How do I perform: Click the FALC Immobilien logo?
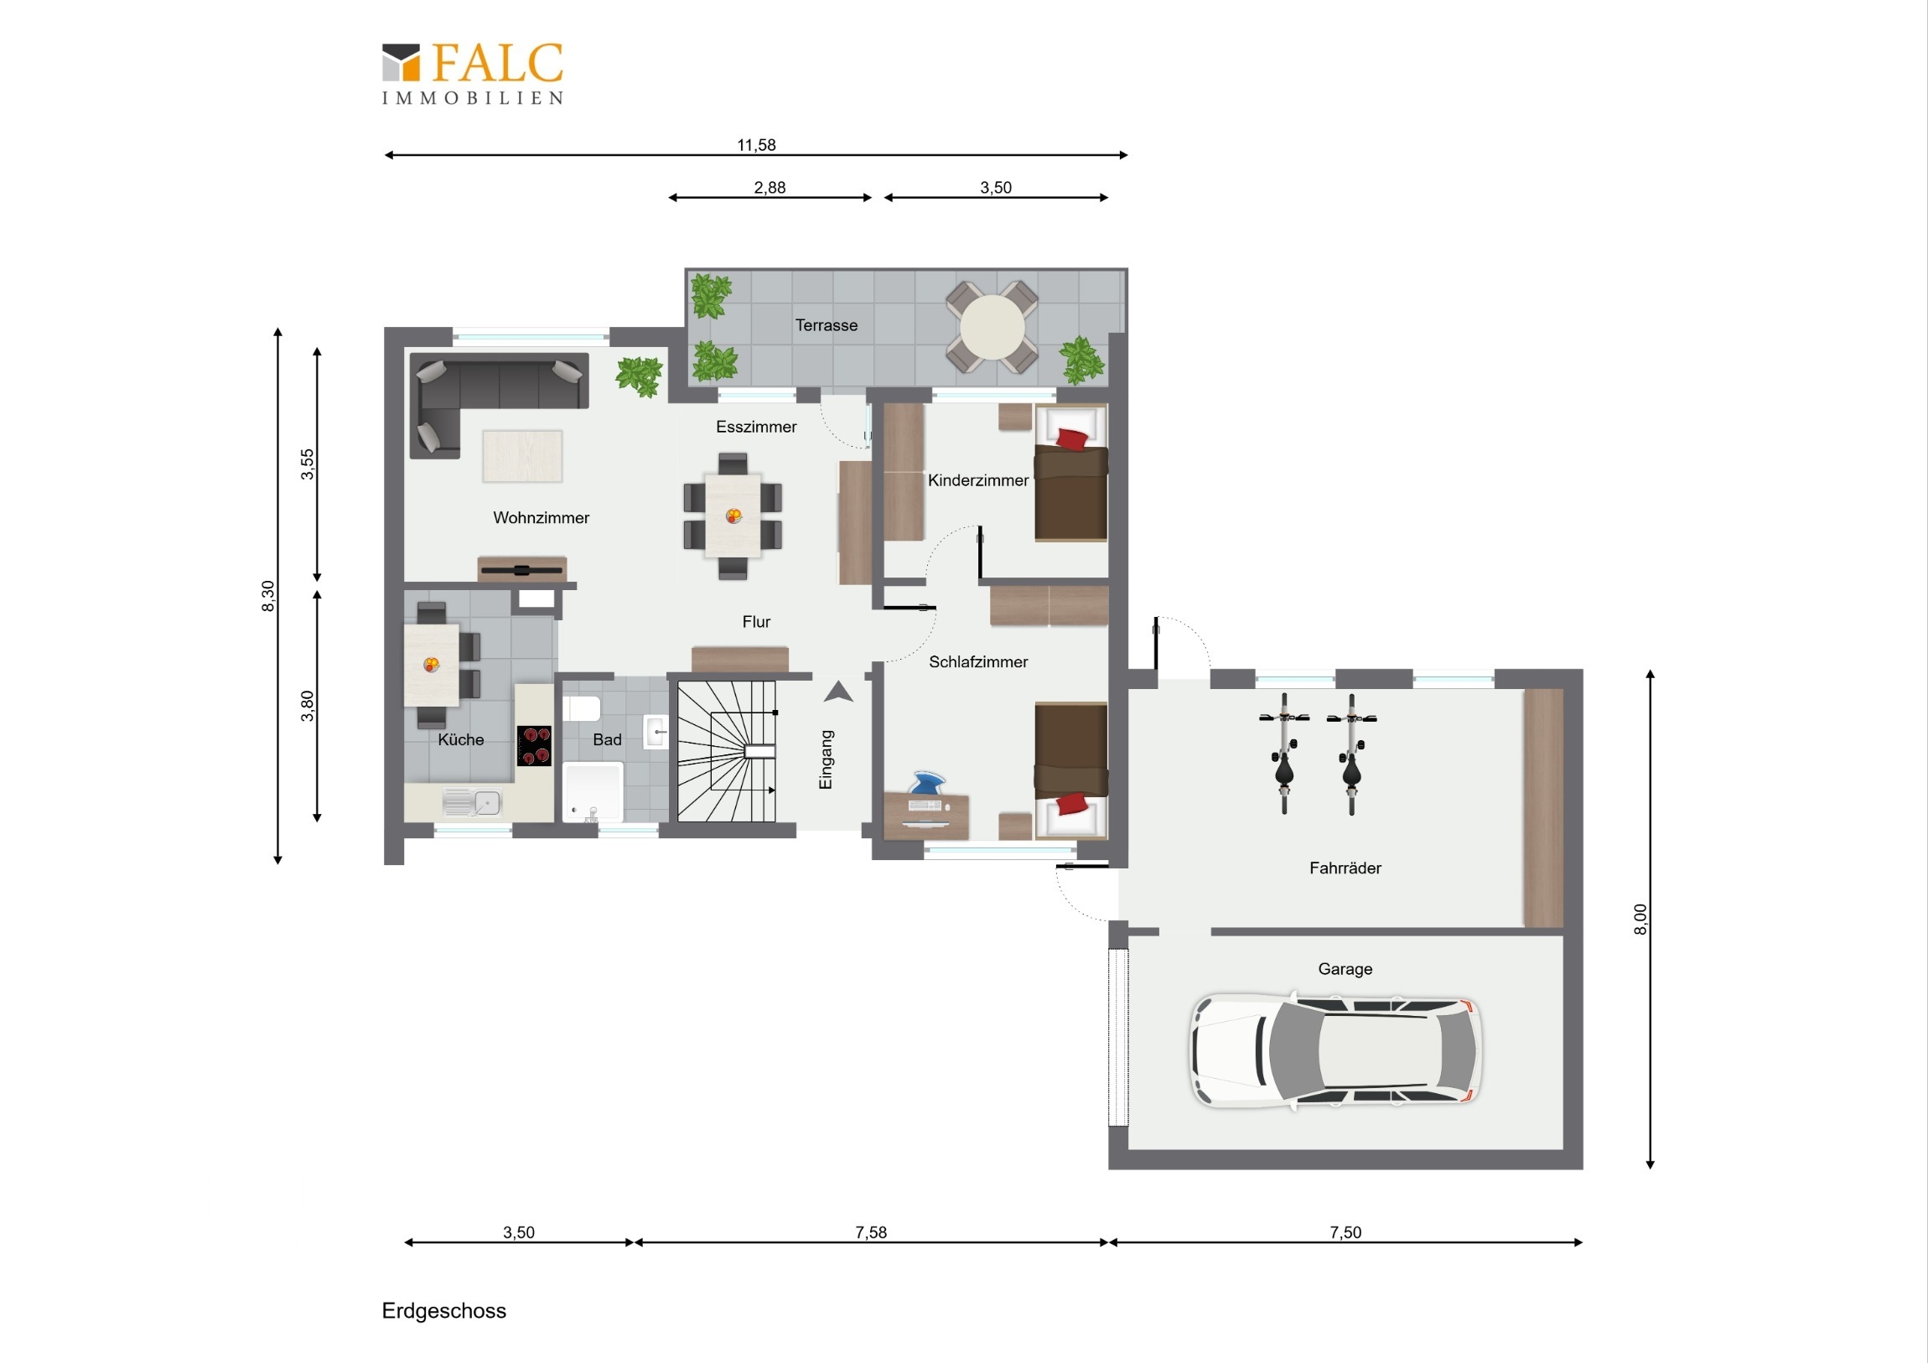coord(472,74)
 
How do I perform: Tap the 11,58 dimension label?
coord(756,145)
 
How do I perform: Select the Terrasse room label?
coord(827,325)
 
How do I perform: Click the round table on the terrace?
coord(992,327)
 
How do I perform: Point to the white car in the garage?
coord(1335,1049)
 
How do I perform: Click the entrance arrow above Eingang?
coord(838,692)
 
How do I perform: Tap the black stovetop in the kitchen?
coord(534,746)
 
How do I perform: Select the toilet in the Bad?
coord(581,709)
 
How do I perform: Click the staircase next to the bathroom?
coord(728,751)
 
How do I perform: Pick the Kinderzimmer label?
coord(977,480)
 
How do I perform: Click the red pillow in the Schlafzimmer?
coord(1071,804)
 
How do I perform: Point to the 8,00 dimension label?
coord(1640,919)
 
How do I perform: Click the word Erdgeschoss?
coord(443,1311)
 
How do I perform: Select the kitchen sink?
coord(473,803)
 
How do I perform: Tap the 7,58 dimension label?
coord(871,1232)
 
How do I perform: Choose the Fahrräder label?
coord(1345,868)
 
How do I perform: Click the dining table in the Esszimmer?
coord(733,516)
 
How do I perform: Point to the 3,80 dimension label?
coord(308,706)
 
